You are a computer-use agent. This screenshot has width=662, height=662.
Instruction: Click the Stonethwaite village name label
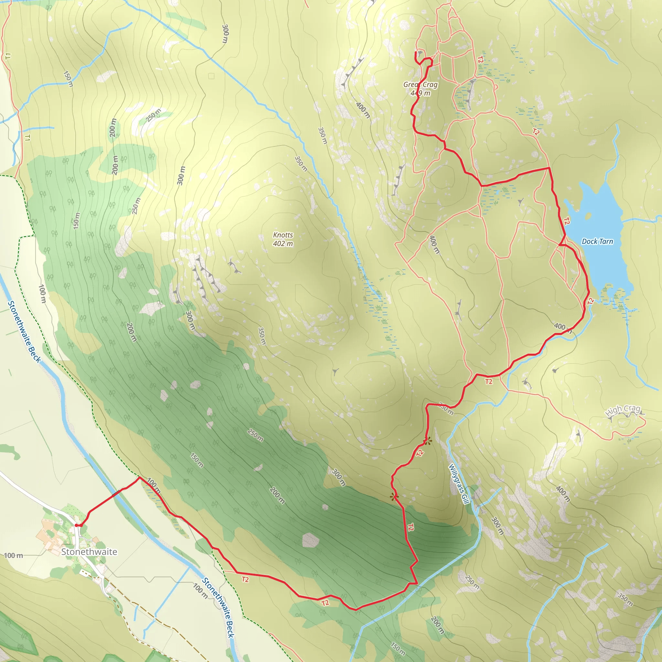tap(89, 552)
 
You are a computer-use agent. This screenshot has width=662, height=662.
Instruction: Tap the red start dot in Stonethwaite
tap(76, 525)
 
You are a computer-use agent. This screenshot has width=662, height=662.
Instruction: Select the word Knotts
tap(283, 235)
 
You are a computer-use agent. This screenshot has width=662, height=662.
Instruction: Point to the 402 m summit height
tap(283, 244)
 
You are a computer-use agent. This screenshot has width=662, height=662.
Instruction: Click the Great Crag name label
tap(420, 84)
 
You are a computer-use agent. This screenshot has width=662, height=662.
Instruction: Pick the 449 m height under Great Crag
tap(420, 93)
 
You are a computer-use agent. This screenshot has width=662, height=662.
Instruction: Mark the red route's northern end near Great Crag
tap(416, 52)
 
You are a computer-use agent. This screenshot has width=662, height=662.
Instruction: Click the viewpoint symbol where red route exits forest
tap(394, 496)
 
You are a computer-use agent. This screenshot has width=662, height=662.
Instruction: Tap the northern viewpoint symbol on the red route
tap(427, 441)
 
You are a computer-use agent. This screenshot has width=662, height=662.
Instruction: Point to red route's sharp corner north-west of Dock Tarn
tap(549, 168)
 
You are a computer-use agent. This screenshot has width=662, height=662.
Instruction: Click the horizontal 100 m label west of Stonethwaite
tap(14, 555)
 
